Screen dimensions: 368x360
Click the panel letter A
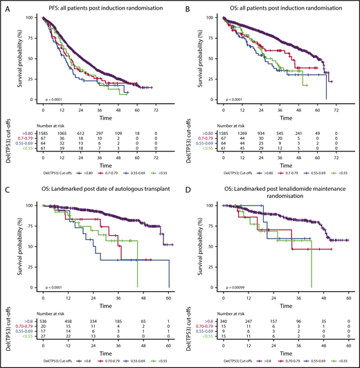(5, 7)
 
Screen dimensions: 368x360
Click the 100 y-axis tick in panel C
(34, 205)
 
